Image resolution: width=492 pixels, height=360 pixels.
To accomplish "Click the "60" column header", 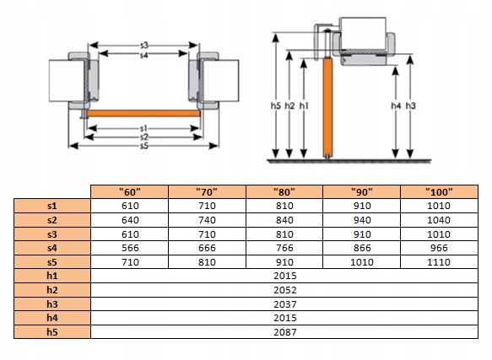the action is (130, 191).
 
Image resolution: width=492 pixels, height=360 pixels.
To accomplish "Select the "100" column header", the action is (439, 191).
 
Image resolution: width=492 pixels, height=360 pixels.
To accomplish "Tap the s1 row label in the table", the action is (52, 206).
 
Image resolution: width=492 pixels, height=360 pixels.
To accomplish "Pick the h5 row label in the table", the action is (52, 332).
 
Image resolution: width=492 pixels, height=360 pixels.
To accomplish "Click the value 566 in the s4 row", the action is (130, 248).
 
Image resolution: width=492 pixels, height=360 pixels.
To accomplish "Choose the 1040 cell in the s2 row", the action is (439, 220).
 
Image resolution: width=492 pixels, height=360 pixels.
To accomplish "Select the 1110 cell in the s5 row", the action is (439, 262).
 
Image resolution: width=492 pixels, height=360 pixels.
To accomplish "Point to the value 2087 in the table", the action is (285, 332).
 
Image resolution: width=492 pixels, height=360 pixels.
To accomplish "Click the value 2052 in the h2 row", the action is (285, 290).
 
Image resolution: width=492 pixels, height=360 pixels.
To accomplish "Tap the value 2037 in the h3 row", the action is (285, 304).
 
